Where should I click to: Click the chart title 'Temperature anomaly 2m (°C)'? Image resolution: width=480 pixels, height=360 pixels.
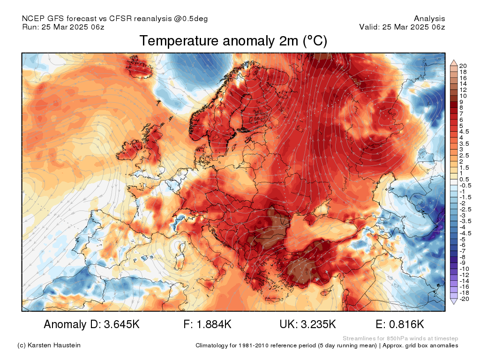[233, 41]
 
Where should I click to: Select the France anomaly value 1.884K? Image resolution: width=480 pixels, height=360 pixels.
[208, 324]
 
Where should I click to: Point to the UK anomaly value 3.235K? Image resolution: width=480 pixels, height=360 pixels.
[307, 324]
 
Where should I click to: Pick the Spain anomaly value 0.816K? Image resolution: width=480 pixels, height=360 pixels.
[400, 324]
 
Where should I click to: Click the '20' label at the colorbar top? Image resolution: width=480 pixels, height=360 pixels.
[463, 66]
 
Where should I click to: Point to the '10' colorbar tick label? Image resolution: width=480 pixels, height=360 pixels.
[463, 96]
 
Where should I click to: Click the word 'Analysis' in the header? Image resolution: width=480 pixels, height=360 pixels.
[429, 19]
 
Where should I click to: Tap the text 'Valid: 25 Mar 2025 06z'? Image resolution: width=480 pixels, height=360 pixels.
[402, 27]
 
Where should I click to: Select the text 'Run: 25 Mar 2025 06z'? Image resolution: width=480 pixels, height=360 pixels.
[63, 27]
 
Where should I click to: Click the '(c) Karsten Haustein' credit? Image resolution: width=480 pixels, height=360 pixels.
[49, 345]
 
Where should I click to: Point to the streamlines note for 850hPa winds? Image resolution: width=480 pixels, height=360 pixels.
[400, 338]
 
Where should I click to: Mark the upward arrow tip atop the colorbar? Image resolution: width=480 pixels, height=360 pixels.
[453, 61]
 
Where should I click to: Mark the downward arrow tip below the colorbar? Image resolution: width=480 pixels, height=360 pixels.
[453, 303]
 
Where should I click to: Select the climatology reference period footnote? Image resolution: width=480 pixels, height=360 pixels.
[327, 345]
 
